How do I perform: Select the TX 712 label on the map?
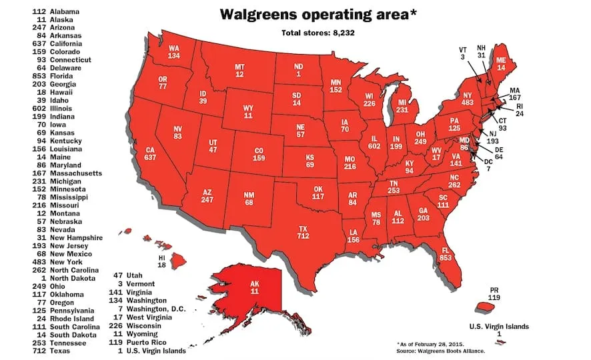[303, 232]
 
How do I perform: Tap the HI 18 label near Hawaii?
[161, 261]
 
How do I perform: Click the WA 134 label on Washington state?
[175, 51]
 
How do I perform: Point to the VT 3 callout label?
[462, 54]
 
